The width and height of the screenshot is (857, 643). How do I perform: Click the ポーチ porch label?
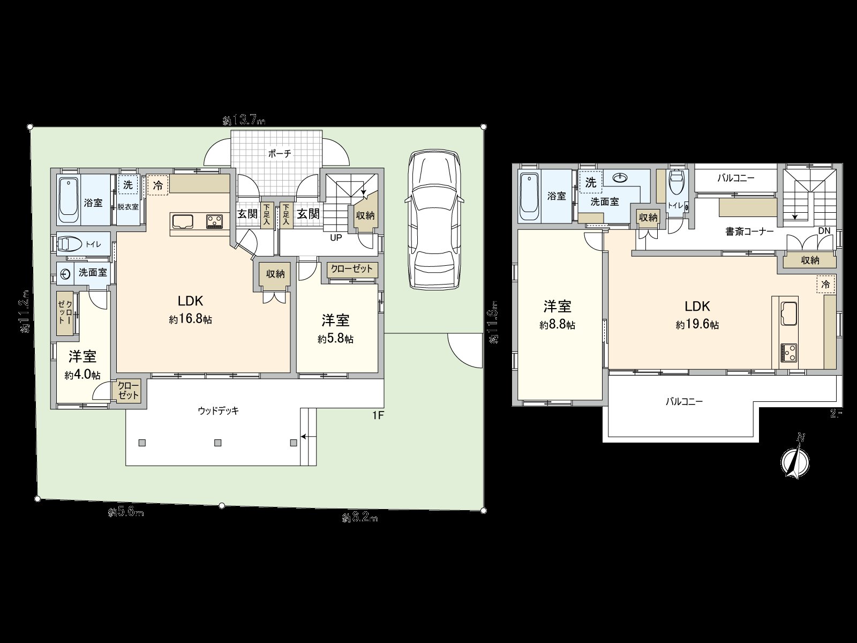(x=280, y=154)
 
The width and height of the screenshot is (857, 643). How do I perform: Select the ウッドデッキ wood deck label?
(x=218, y=411)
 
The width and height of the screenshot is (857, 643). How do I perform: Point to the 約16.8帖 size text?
(x=190, y=319)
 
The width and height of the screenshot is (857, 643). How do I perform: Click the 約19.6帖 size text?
(x=697, y=324)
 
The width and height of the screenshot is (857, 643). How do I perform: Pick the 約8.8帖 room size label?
(x=558, y=325)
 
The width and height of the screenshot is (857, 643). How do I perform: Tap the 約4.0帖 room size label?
(x=82, y=375)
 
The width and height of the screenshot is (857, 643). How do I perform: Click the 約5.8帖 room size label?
(x=335, y=339)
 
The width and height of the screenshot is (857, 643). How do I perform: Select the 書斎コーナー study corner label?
(x=749, y=232)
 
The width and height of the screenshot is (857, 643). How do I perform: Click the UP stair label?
(x=336, y=237)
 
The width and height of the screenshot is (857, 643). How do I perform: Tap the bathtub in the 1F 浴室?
(x=69, y=200)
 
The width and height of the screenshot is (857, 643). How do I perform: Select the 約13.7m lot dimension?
(x=244, y=121)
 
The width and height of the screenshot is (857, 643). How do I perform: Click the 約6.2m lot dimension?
(x=359, y=518)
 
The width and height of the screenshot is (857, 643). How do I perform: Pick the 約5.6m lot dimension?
(x=126, y=512)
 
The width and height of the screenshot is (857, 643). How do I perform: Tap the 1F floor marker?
(x=378, y=415)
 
